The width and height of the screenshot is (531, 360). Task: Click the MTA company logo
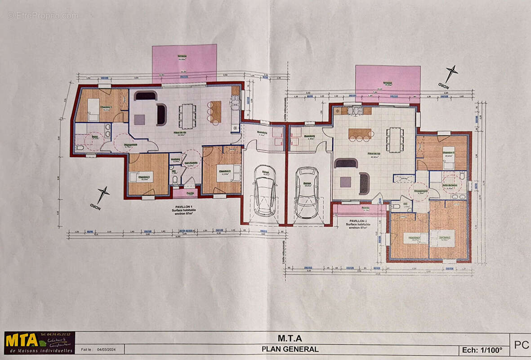(39, 343)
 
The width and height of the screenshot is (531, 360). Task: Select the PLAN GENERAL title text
(290, 349)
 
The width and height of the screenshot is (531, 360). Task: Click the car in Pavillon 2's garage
(307, 192)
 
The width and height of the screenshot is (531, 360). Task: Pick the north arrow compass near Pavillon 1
(102, 195)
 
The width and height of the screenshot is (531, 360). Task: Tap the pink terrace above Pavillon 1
(184, 63)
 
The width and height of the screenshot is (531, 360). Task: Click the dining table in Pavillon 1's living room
(187, 116)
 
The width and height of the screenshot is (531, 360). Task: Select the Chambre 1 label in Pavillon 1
(106, 107)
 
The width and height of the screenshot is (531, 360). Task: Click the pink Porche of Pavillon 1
(190, 193)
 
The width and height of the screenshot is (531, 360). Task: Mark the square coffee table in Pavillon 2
(345, 182)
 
